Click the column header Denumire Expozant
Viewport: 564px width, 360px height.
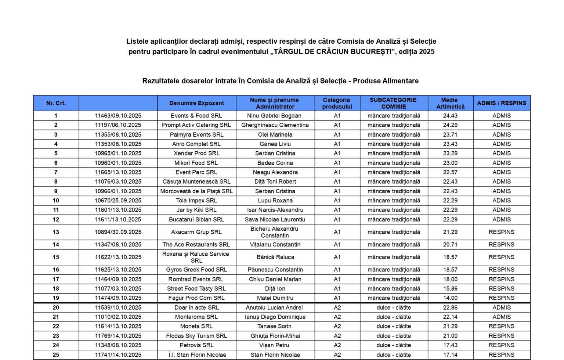pos(196,103)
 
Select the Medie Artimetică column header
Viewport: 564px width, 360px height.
pos(450,103)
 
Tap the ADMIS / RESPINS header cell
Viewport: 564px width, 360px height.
pos(501,103)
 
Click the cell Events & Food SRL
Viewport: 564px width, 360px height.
pos(196,116)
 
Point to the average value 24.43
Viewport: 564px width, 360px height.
pos(450,116)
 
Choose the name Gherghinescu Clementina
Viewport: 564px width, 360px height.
pos(275,125)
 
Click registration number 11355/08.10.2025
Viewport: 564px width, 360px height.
pos(118,134)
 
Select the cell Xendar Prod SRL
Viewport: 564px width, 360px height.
pos(196,153)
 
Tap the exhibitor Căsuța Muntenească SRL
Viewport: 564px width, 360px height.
pos(196,181)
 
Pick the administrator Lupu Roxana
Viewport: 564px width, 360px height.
pos(275,201)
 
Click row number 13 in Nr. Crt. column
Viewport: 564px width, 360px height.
pos(56,232)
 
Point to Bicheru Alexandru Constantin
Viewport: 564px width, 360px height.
pos(275,232)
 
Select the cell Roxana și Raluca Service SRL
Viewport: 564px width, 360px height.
pos(196,257)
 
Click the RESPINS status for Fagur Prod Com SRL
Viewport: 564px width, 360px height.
pos(501,298)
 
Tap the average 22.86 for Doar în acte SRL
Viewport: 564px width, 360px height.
pos(450,308)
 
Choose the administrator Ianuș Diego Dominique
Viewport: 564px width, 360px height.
pos(275,317)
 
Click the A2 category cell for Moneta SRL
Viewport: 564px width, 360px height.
pos(337,326)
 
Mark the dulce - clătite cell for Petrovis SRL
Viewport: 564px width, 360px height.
pos(394,345)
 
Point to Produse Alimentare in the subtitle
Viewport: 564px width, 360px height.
pos(386,81)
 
